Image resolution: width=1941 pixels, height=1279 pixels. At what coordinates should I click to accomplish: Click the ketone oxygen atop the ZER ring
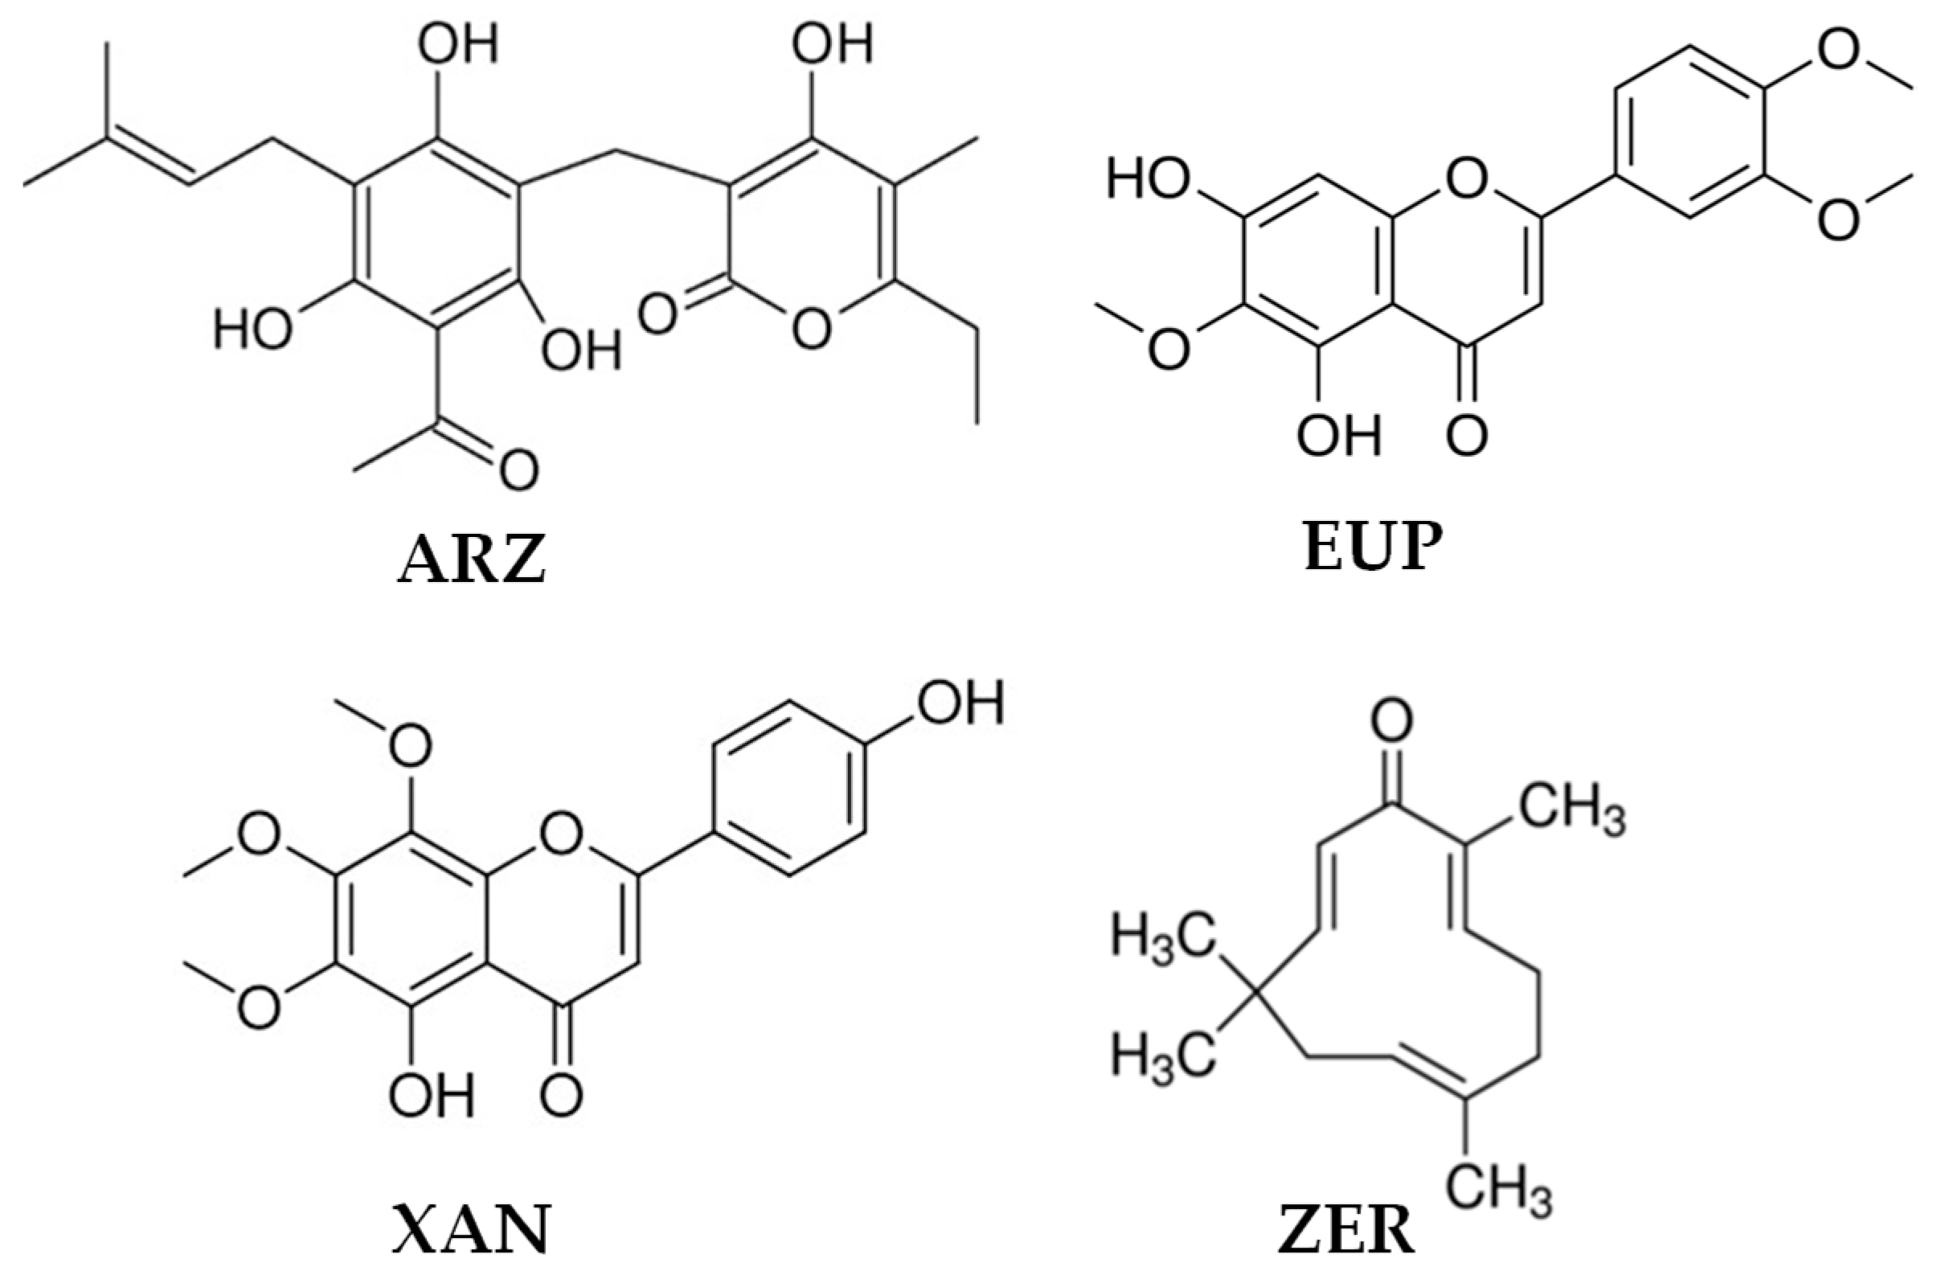[1391, 720]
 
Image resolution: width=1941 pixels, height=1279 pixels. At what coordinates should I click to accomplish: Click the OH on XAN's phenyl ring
[960, 703]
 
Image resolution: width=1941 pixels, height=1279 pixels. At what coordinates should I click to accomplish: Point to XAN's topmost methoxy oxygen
[410, 744]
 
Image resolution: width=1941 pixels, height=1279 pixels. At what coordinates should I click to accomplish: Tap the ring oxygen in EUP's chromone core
[1465, 178]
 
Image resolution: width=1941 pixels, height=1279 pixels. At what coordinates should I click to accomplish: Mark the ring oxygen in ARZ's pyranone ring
[812, 330]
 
